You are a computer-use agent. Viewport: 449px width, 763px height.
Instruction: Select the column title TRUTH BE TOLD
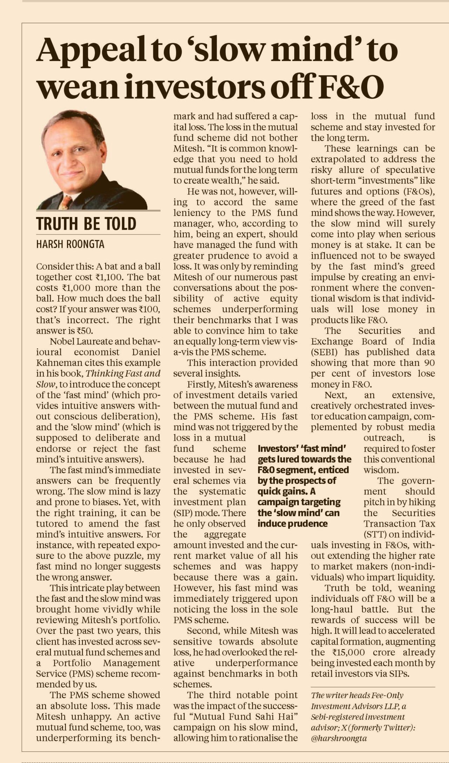pyautogui.click(x=86, y=224)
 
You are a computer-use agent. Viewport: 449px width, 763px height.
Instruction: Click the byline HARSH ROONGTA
pyautogui.click(x=70, y=244)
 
